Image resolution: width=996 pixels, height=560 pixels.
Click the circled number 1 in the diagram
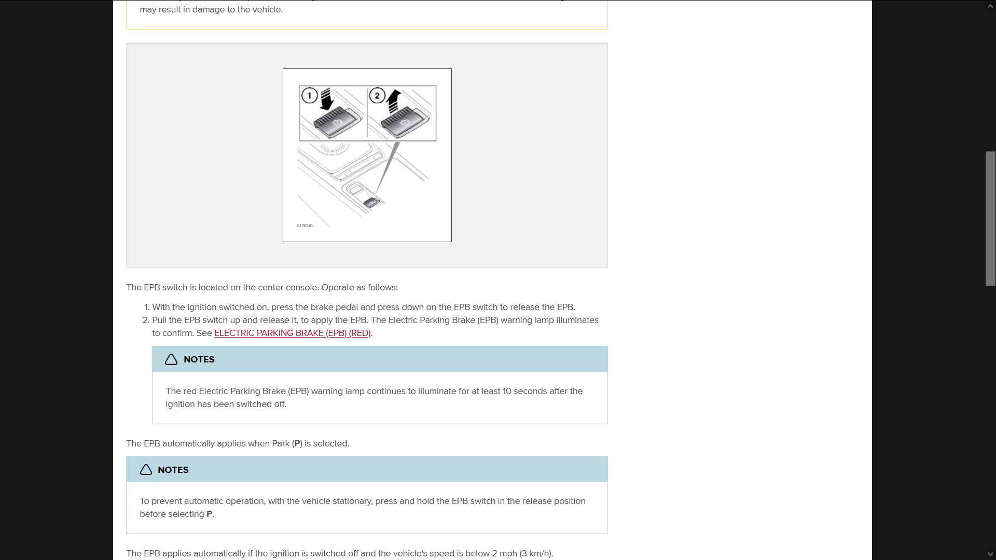coord(310,95)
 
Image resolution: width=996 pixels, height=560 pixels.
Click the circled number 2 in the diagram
coord(377,95)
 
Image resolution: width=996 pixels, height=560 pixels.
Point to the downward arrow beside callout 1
coord(326,99)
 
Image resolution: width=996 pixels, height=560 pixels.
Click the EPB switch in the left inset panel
coord(337,122)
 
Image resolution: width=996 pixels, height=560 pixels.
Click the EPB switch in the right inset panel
coord(405,122)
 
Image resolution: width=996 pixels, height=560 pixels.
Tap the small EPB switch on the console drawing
coord(371,202)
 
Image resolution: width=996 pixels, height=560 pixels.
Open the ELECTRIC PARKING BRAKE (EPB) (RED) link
coord(292,333)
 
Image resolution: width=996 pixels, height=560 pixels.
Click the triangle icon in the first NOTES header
coord(171,359)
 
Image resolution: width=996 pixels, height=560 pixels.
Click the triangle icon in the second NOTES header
coord(146,470)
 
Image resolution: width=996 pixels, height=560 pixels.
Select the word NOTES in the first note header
coord(199,359)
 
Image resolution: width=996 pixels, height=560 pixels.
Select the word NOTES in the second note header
coord(173,470)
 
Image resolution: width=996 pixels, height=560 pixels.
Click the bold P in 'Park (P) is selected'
coord(297,444)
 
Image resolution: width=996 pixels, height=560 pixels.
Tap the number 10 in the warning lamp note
coord(507,391)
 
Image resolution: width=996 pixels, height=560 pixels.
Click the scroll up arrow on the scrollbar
coord(990,6)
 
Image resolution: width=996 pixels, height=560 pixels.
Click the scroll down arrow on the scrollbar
coord(990,554)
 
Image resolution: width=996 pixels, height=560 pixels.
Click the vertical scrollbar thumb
coord(990,218)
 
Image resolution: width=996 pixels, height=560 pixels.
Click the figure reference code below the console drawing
coord(305,226)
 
